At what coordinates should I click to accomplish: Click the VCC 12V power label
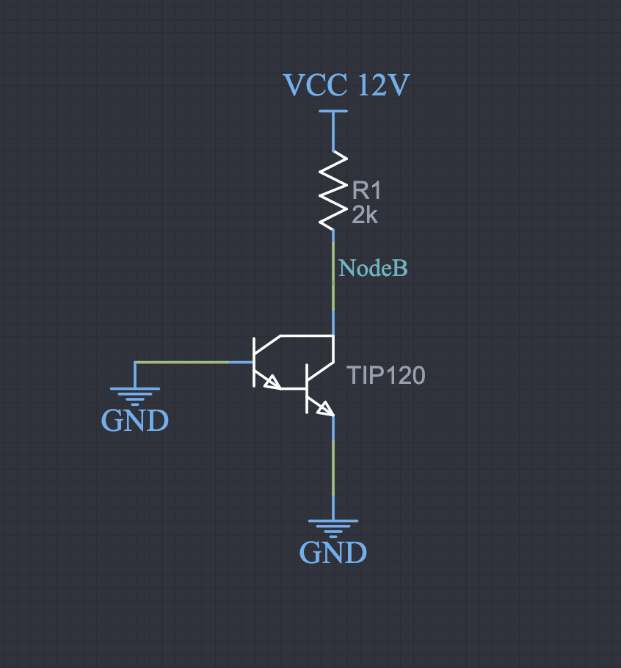(x=346, y=85)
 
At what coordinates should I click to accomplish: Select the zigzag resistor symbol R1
(x=333, y=190)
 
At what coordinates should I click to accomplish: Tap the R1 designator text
(x=367, y=191)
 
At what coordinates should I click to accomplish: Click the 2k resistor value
(x=365, y=215)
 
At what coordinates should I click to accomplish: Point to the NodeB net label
(x=373, y=269)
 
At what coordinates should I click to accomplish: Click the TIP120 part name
(x=386, y=376)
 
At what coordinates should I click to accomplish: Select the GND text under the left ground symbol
(x=135, y=421)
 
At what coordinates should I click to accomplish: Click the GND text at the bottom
(x=333, y=552)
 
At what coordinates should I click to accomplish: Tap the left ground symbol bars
(x=135, y=396)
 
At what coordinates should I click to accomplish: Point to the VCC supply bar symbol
(x=333, y=112)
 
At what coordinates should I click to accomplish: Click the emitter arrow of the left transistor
(x=272, y=382)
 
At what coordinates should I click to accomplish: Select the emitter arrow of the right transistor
(x=324, y=408)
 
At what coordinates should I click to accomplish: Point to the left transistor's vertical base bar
(x=254, y=361)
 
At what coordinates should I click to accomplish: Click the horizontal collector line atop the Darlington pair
(x=307, y=335)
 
